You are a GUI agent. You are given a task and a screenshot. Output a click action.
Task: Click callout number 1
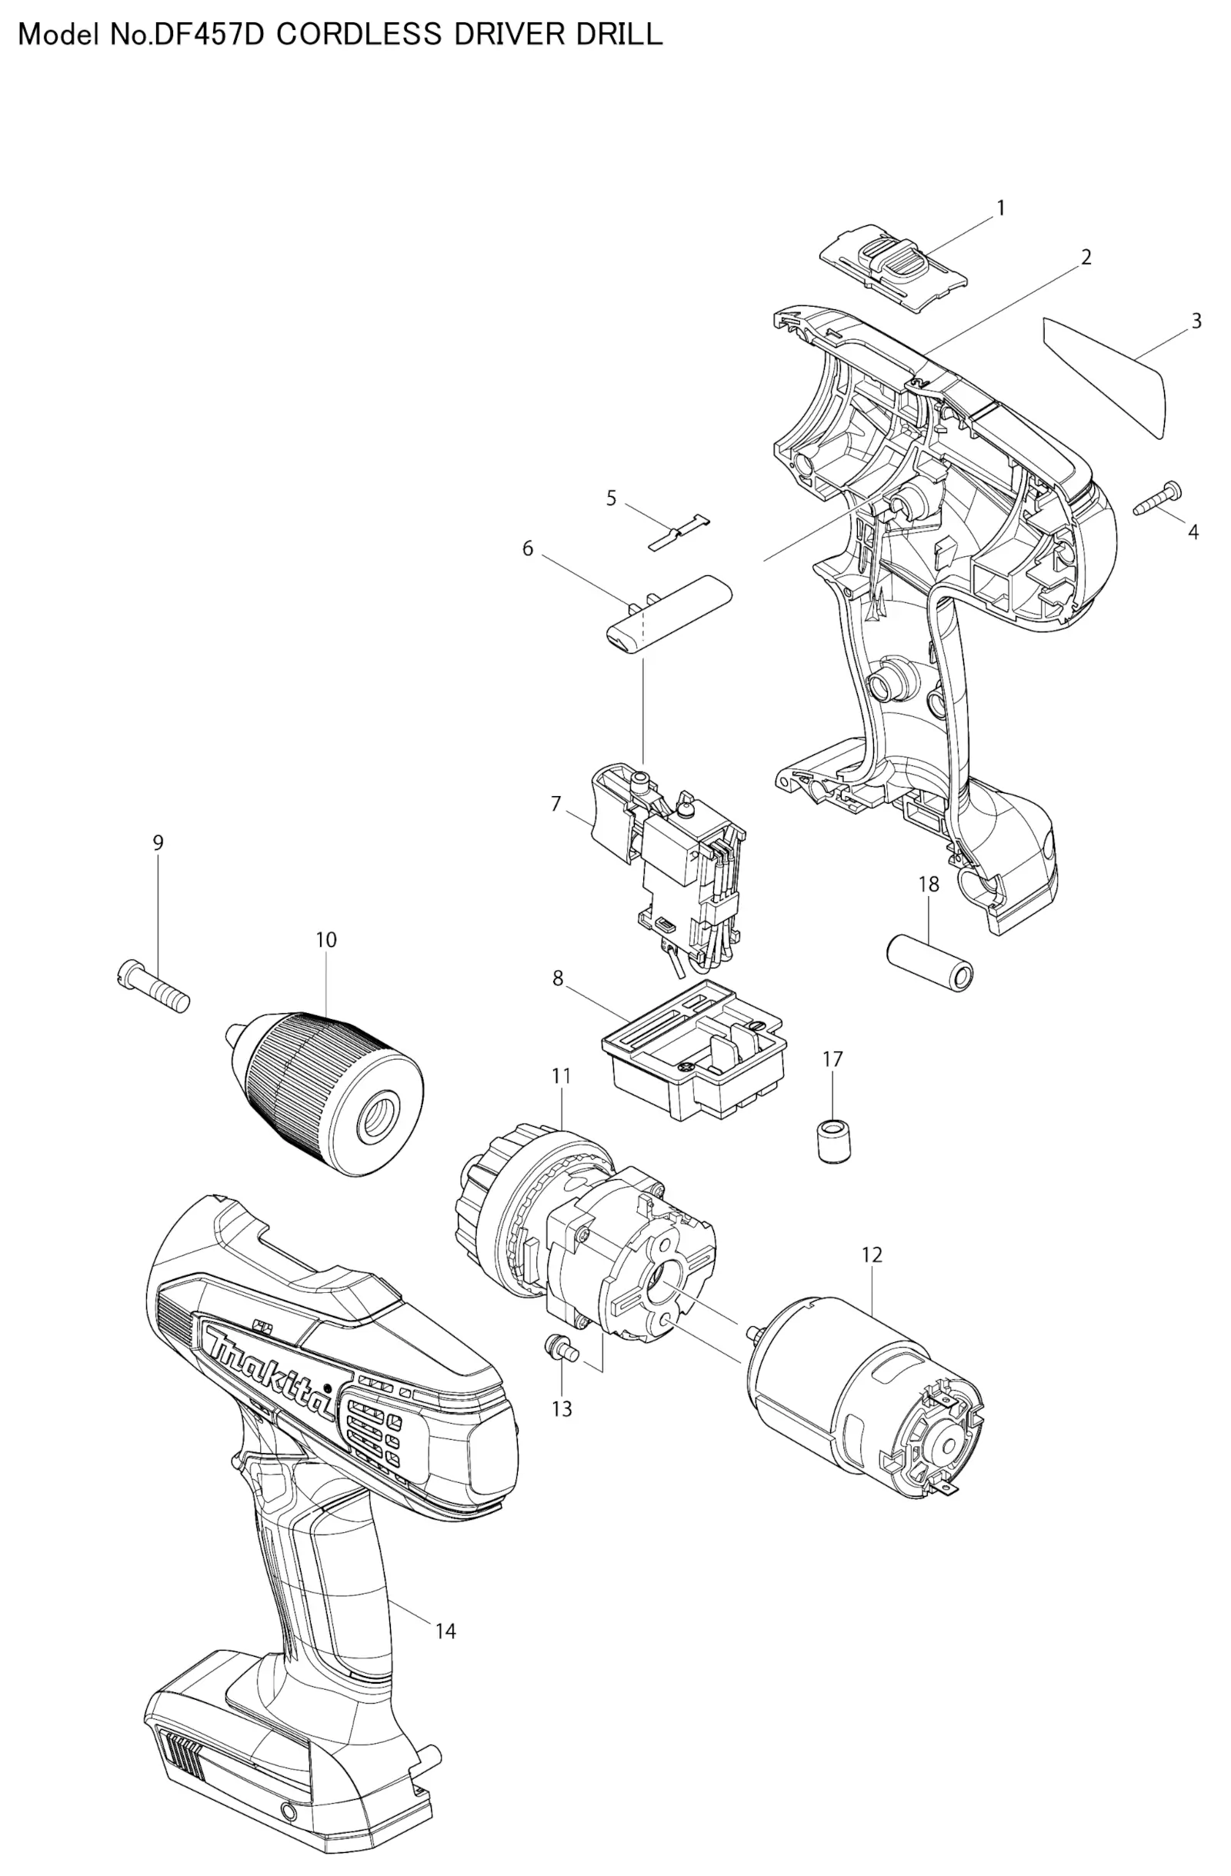click(x=1000, y=209)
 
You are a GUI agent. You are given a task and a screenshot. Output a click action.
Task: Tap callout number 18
click(x=928, y=885)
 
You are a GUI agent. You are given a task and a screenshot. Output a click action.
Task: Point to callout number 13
click(x=562, y=1408)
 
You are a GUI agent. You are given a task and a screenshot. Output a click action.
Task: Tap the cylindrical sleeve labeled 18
click(x=929, y=961)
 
